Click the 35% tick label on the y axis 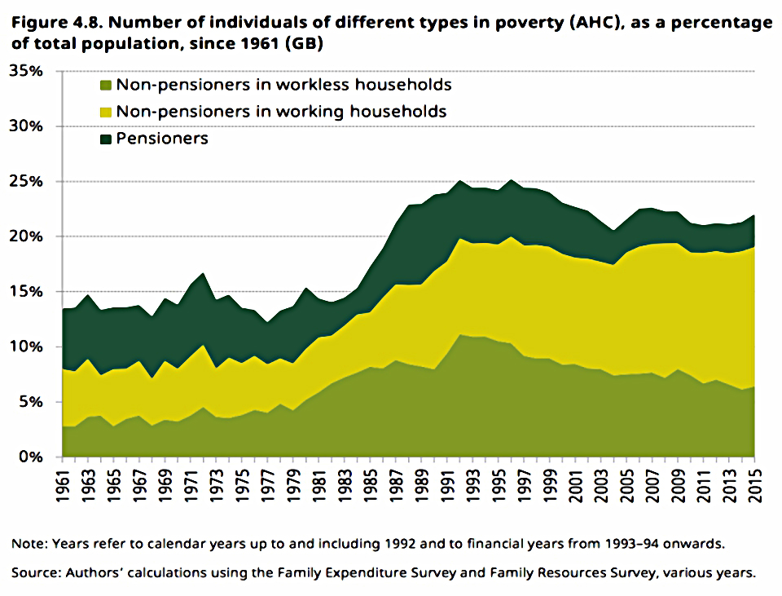[26, 71]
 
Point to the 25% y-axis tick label [26, 181]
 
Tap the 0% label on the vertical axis [31, 457]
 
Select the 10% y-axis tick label [26, 347]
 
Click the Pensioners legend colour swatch [106, 139]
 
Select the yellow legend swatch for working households [106, 112]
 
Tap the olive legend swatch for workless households [106, 85]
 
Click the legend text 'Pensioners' [162, 139]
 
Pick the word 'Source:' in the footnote [35, 572]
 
